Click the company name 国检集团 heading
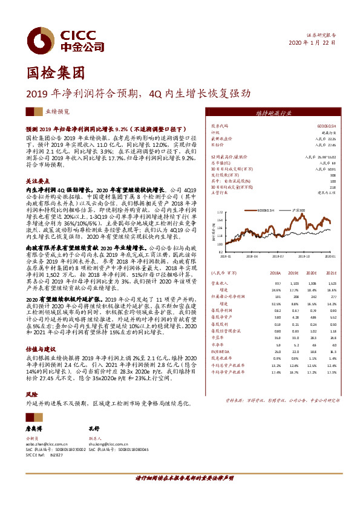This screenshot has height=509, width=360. click(x=54, y=74)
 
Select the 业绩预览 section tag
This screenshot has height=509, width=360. click(x=40, y=112)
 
